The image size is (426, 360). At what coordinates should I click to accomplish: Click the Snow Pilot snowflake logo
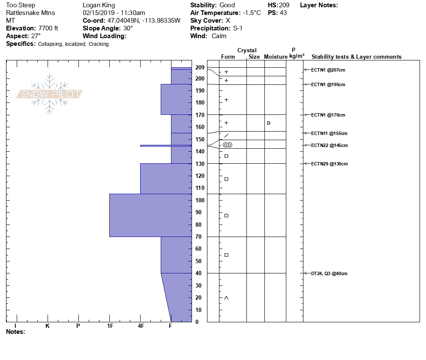50,94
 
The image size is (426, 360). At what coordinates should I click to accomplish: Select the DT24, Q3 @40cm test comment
329,273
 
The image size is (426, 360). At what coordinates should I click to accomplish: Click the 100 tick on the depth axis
200,200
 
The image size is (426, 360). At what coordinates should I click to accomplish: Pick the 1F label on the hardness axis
110,326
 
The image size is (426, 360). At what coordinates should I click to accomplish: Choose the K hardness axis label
48,326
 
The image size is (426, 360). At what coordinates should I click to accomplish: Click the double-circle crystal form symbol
227,145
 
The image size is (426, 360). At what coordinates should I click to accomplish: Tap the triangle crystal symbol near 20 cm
226,298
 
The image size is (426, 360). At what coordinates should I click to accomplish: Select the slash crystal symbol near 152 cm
226,136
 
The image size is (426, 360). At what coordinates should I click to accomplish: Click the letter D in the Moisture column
269,123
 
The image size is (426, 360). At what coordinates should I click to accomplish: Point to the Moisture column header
276,57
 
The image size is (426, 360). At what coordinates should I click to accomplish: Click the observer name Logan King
97,5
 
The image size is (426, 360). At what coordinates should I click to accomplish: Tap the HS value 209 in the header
284,5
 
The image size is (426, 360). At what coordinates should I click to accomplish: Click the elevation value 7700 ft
48,28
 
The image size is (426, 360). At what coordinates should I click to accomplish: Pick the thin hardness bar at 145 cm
165,146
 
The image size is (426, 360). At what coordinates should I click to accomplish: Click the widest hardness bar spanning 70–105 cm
150,215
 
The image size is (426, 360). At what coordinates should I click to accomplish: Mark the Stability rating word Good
227,5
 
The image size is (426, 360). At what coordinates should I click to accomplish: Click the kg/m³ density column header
297,56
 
